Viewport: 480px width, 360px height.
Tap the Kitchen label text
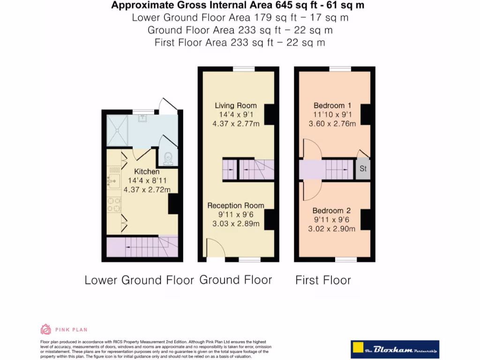(147, 172)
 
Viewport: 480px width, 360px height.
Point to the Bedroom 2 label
(331, 210)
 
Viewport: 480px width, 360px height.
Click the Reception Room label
(236, 205)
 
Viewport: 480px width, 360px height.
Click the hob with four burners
(113, 204)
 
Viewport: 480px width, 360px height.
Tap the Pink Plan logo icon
(46, 329)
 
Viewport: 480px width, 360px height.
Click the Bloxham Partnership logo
(395, 350)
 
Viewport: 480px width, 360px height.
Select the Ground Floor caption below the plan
(236, 280)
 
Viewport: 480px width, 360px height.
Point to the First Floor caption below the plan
(323, 280)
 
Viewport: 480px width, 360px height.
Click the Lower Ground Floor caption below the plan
(139, 280)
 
